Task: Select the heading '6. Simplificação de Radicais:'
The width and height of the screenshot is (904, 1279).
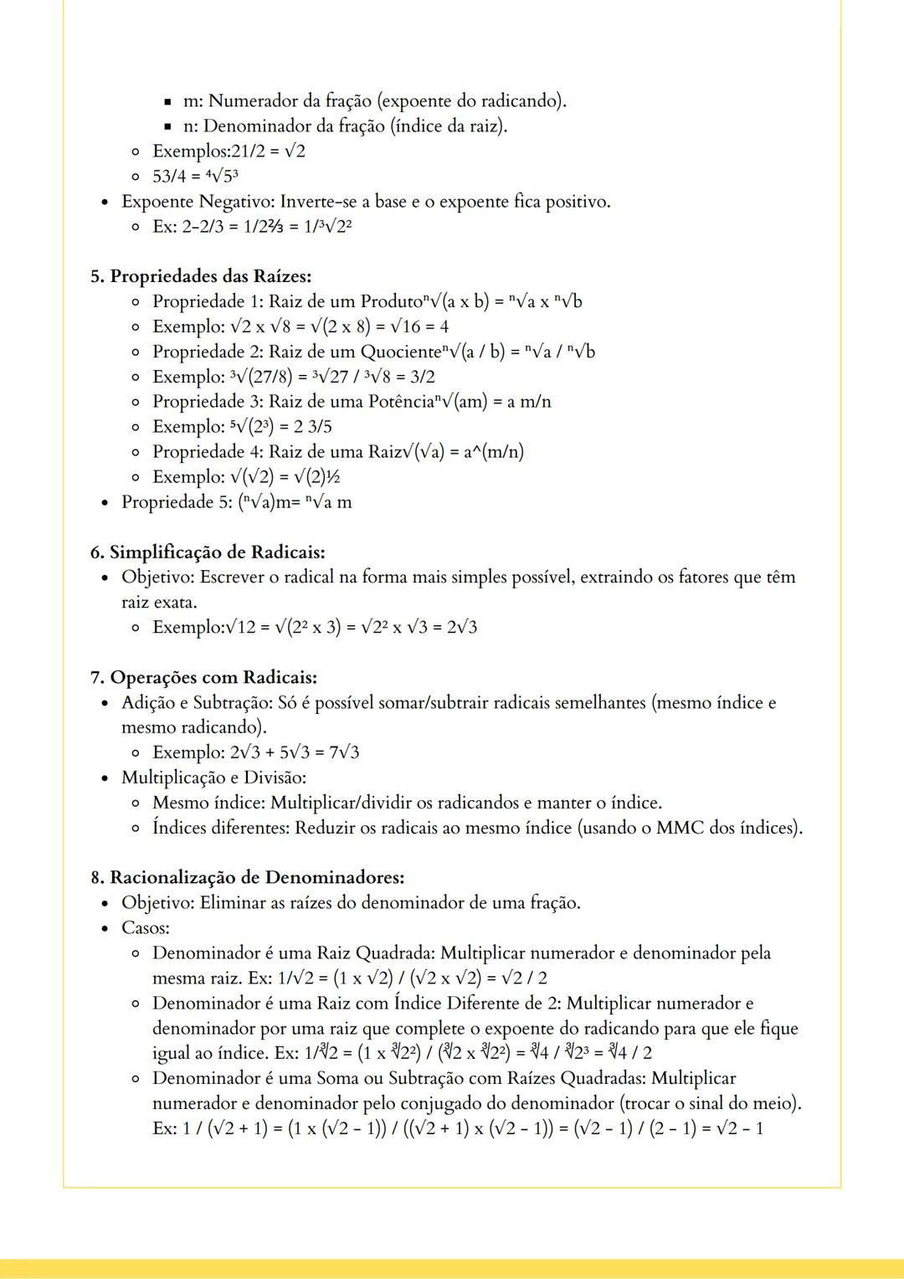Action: click(208, 552)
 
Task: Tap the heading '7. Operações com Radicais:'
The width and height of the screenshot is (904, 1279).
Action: click(203, 677)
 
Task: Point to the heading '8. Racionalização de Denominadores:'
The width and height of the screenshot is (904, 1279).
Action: click(248, 877)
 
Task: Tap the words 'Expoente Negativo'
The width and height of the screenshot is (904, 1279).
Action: click(196, 202)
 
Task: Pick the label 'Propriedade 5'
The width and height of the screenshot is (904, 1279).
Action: click(175, 502)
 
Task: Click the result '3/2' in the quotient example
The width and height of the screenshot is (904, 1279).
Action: click(422, 377)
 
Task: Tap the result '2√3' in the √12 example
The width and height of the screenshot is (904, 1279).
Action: click(461, 627)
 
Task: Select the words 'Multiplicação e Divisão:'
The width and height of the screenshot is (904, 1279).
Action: click(213, 778)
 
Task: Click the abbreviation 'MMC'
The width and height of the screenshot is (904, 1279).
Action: click(680, 828)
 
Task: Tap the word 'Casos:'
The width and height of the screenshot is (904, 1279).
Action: click(146, 927)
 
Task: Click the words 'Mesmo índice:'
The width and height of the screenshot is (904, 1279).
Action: click(208, 803)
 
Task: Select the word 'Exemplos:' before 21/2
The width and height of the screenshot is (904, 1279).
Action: click(185, 152)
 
